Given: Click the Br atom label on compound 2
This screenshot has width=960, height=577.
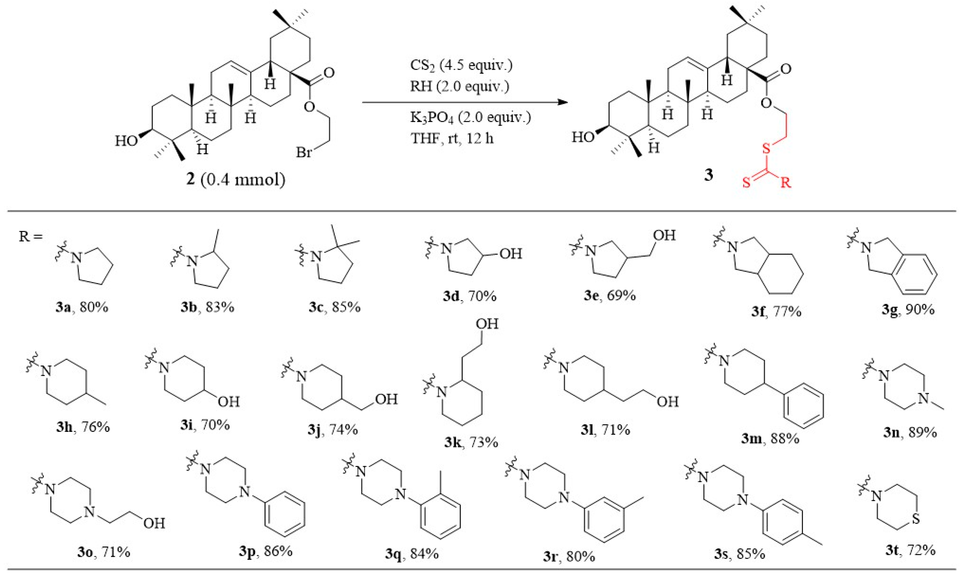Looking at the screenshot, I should (x=304, y=152).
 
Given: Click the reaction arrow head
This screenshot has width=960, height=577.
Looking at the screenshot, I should (x=562, y=102).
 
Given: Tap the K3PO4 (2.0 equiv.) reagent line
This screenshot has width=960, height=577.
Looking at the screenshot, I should (x=470, y=117).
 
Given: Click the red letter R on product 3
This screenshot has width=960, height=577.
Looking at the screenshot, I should (x=786, y=182).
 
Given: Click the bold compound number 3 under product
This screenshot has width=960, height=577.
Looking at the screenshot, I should (x=709, y=175).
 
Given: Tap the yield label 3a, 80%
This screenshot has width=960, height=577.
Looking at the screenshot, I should (x=82, y=307).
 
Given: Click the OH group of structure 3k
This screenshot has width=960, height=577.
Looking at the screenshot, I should (x=487, y=324).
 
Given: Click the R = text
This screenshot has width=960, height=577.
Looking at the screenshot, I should (x=30, y=236).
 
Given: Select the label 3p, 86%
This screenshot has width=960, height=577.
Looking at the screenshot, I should (x=266, y=551).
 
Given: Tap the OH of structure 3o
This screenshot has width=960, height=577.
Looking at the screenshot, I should (x=154, y=523).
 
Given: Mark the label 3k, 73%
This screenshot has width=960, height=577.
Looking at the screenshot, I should (x=471, y=442).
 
